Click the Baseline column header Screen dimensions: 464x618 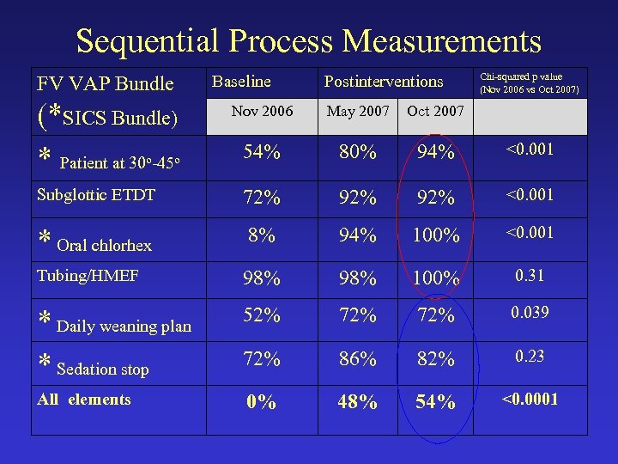[241, 82]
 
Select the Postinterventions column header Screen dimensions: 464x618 [384, 82]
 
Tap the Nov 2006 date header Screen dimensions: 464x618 [263, 111]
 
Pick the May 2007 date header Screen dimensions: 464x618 [357, 112]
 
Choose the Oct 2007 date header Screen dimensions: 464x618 [435, 112]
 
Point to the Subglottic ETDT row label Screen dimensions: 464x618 [95, 195]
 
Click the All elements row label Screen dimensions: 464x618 [84, 400]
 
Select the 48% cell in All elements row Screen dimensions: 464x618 [356, 402]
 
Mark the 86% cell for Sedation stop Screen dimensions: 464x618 [356, 359]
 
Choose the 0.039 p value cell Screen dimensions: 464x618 [529, 312]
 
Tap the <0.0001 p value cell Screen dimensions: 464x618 [529, 399]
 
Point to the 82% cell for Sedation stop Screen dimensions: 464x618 [435, 359]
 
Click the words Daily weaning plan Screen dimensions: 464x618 [124, 326]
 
